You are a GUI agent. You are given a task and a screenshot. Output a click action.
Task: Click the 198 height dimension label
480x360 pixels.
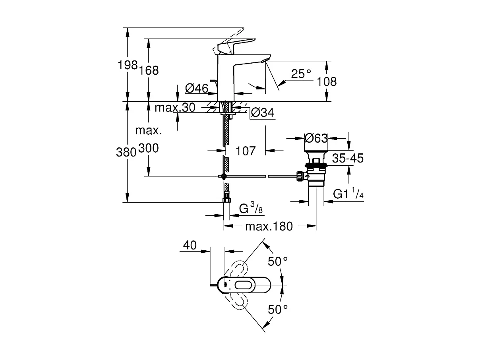[x=128, y=65]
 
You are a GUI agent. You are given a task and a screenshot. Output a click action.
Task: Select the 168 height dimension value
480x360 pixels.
[x=149, y=70]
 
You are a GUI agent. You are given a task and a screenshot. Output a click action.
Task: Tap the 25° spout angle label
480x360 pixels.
[x=301, y=74]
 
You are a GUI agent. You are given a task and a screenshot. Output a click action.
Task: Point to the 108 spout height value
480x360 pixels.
[x=327, y=82]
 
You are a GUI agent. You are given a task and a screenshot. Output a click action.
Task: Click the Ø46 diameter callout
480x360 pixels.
[x=197, y=88]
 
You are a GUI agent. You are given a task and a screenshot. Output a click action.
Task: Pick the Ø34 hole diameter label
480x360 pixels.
[x=263, y=113]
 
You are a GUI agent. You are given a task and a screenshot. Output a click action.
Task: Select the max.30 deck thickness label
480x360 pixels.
[x=175, y=107]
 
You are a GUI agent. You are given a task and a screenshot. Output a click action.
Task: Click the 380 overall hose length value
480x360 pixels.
[x=126, y=152]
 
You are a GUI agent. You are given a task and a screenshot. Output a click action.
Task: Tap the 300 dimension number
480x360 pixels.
[x=149, y=149]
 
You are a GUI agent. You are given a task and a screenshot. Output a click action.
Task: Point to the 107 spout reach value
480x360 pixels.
[x=246, y=151]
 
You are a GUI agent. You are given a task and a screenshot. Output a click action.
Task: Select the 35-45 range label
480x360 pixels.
[x=348, y=158]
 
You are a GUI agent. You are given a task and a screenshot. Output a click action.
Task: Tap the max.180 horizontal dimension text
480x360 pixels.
[x=269, y=226]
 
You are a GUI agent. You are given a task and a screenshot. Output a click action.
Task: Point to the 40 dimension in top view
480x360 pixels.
[x=190, y=246]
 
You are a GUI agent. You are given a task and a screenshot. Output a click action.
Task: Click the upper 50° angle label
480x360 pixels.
[x=277, y=261]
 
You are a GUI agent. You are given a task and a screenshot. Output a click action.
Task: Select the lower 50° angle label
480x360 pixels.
[x=277, y=309]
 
